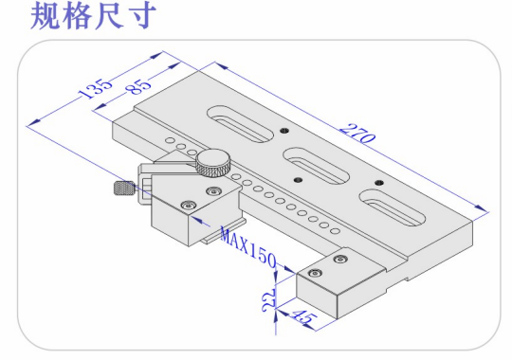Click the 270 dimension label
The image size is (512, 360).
click(x=357, y=134)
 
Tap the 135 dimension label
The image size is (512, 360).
click(x=97, y=88)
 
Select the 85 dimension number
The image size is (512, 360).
click(x=139, y=86)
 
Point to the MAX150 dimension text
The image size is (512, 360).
click(x=248, y=246)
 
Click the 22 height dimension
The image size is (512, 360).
click(x=269, y=299)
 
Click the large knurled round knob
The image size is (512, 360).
click(x=214, y=163)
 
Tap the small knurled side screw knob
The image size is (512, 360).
click(x=124, y=188)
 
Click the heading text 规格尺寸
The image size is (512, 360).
click(x=93, y=15)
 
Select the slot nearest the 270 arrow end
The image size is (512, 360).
click(x=393, y=208)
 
